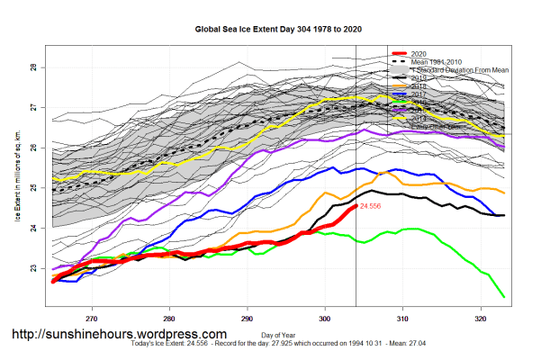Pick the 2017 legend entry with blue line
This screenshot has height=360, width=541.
coord(419,93)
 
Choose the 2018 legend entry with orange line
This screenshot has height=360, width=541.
coord(419,85)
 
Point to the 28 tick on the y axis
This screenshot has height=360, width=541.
coord(32,67)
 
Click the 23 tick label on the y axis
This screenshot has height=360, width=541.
coord(32,268)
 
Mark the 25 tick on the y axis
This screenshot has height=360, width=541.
coord(32,188)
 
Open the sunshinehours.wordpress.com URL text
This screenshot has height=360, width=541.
coord(118,335)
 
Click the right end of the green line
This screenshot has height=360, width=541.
coord(504,297)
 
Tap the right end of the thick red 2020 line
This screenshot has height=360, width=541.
coord(354,207)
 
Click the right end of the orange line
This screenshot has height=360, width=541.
coord(504,193)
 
